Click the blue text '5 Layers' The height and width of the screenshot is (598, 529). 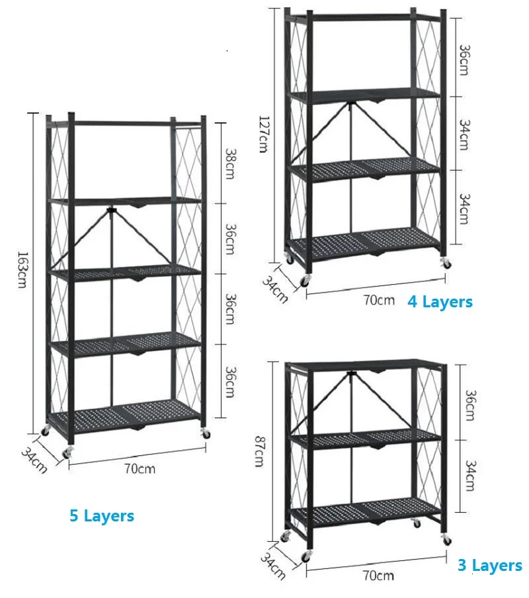pyautogui.click(x=102, y=515)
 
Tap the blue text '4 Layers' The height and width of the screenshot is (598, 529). pyautogui.click(x=440, y=302)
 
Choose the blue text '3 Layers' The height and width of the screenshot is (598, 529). pyautogui.click(x=490, y=565)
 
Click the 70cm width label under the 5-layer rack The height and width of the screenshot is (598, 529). pyautogui.click(x=140, y=468)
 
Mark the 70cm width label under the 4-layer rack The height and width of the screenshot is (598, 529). pyautogui.click(x=378, y=300)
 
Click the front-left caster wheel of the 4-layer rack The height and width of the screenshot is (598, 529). pyautogui.click(x=305, y=281)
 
